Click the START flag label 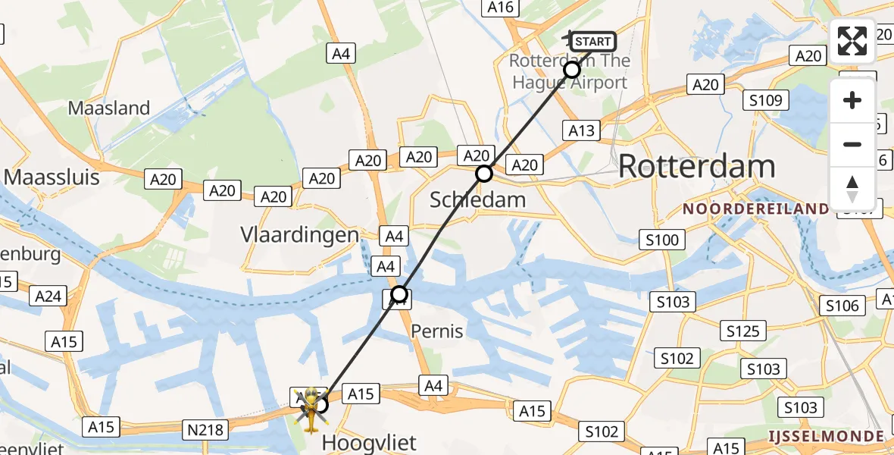click(x=592, y=42)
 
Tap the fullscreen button click(x=852, y=41)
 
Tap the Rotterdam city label click(x=696, y=166)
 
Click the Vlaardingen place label click(x=299, y=234)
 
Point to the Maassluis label click(x=52, y=177)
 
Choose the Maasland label click(x=109, y=108)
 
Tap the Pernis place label click(x=437, y=331)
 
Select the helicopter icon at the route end click(x=311, y=409)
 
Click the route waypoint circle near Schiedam click(x=484, y=174)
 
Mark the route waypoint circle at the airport click(x=572, y=70)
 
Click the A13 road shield click(x=583, y=130)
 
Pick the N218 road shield click(x=205, y=431)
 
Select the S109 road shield click(x=767, y=100)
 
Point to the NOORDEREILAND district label click(x=756, y=209)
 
